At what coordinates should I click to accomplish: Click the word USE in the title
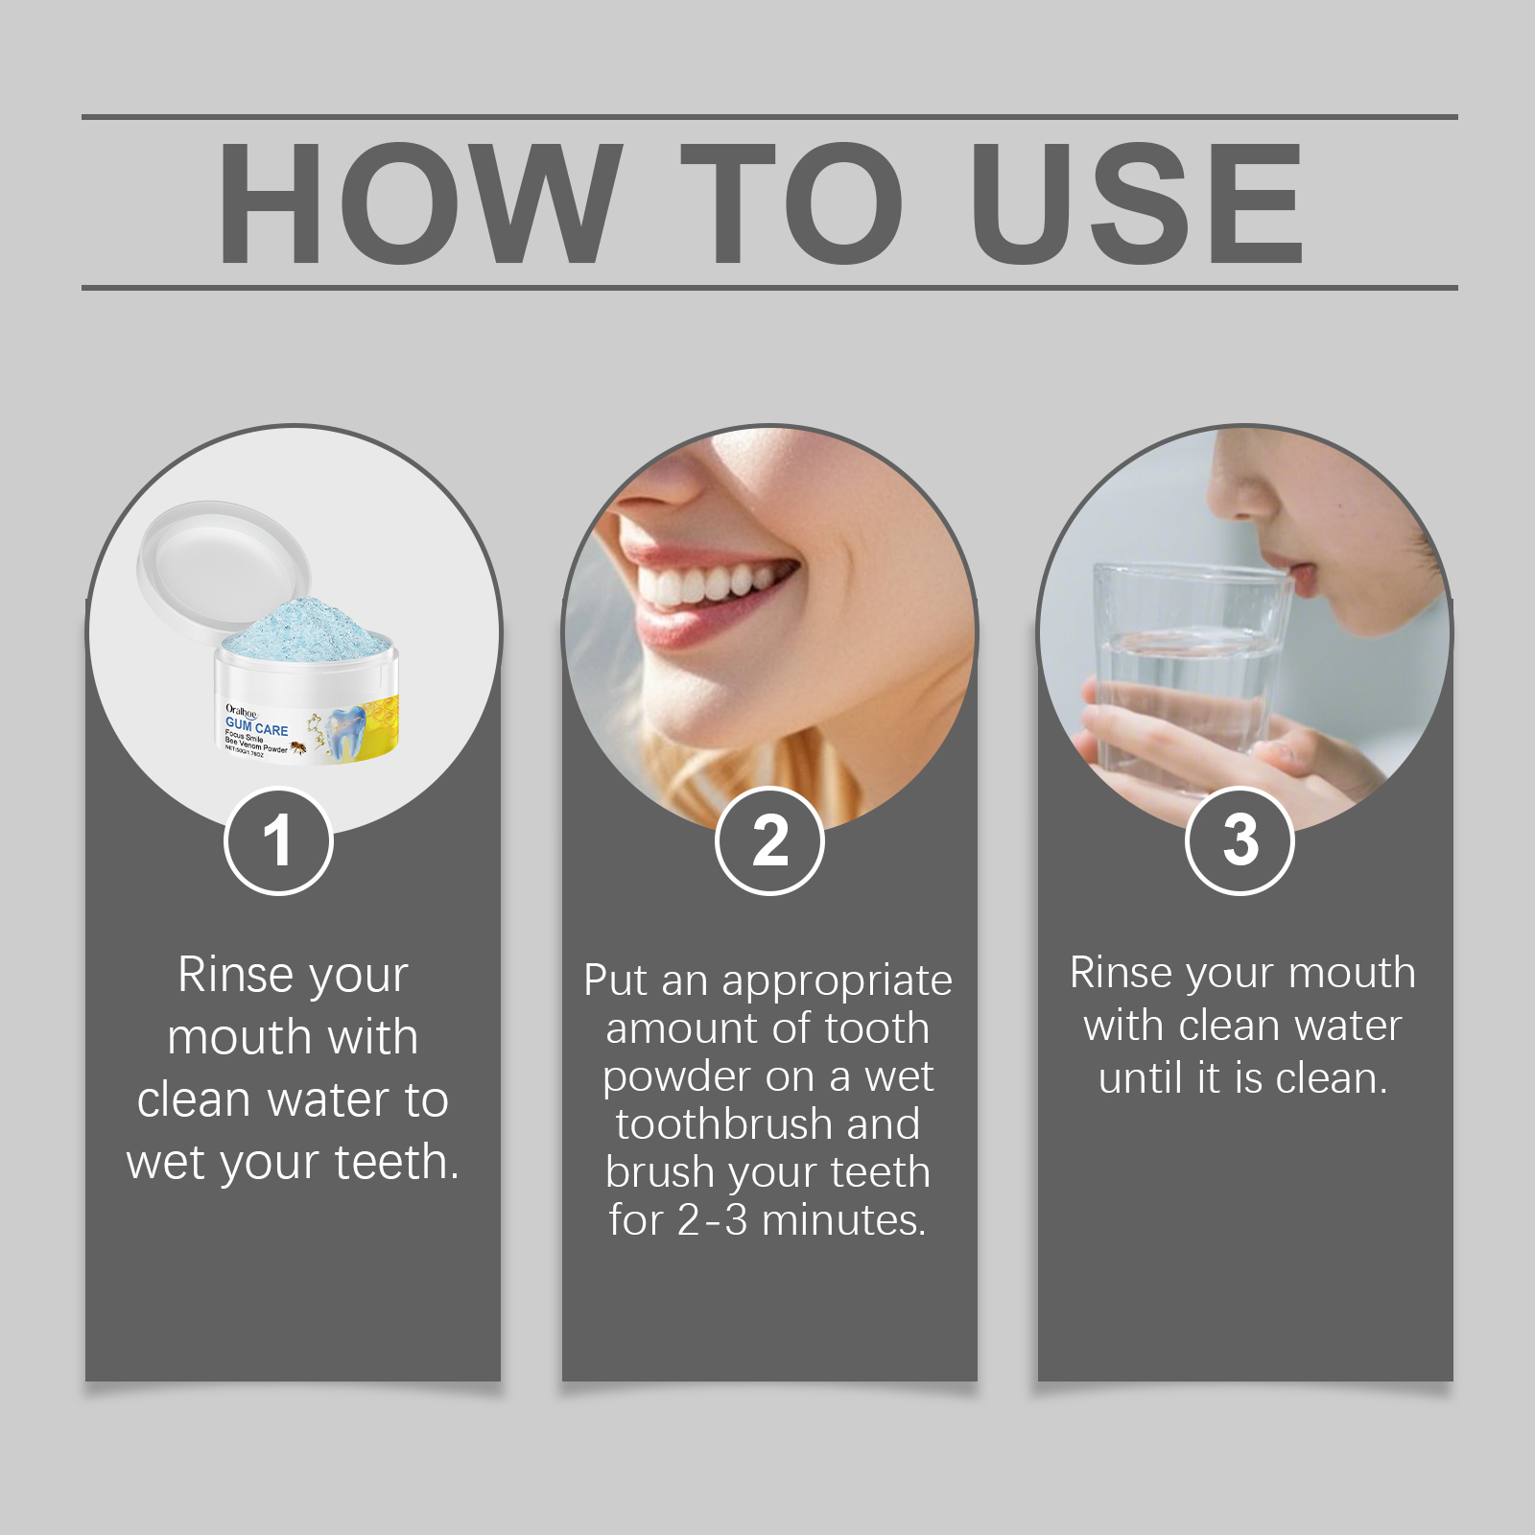(1138, 203)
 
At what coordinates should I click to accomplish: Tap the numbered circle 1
(278, 841)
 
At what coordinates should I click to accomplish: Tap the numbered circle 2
(769, 841)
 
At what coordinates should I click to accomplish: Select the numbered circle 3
(1240, 841)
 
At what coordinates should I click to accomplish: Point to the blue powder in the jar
(307, 628)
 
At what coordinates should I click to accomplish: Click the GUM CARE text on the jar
(256, 726)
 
